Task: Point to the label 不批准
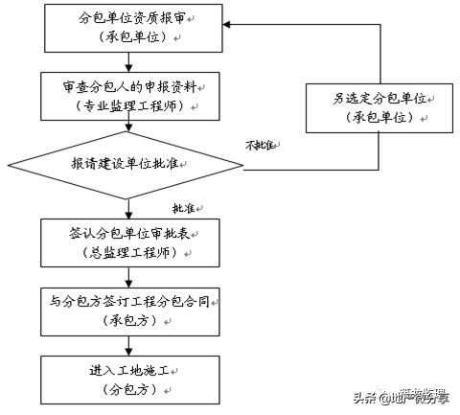pyautogui.click(x=261, y=145)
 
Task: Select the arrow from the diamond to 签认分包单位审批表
pyautogui.click(x=126, y=207)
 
